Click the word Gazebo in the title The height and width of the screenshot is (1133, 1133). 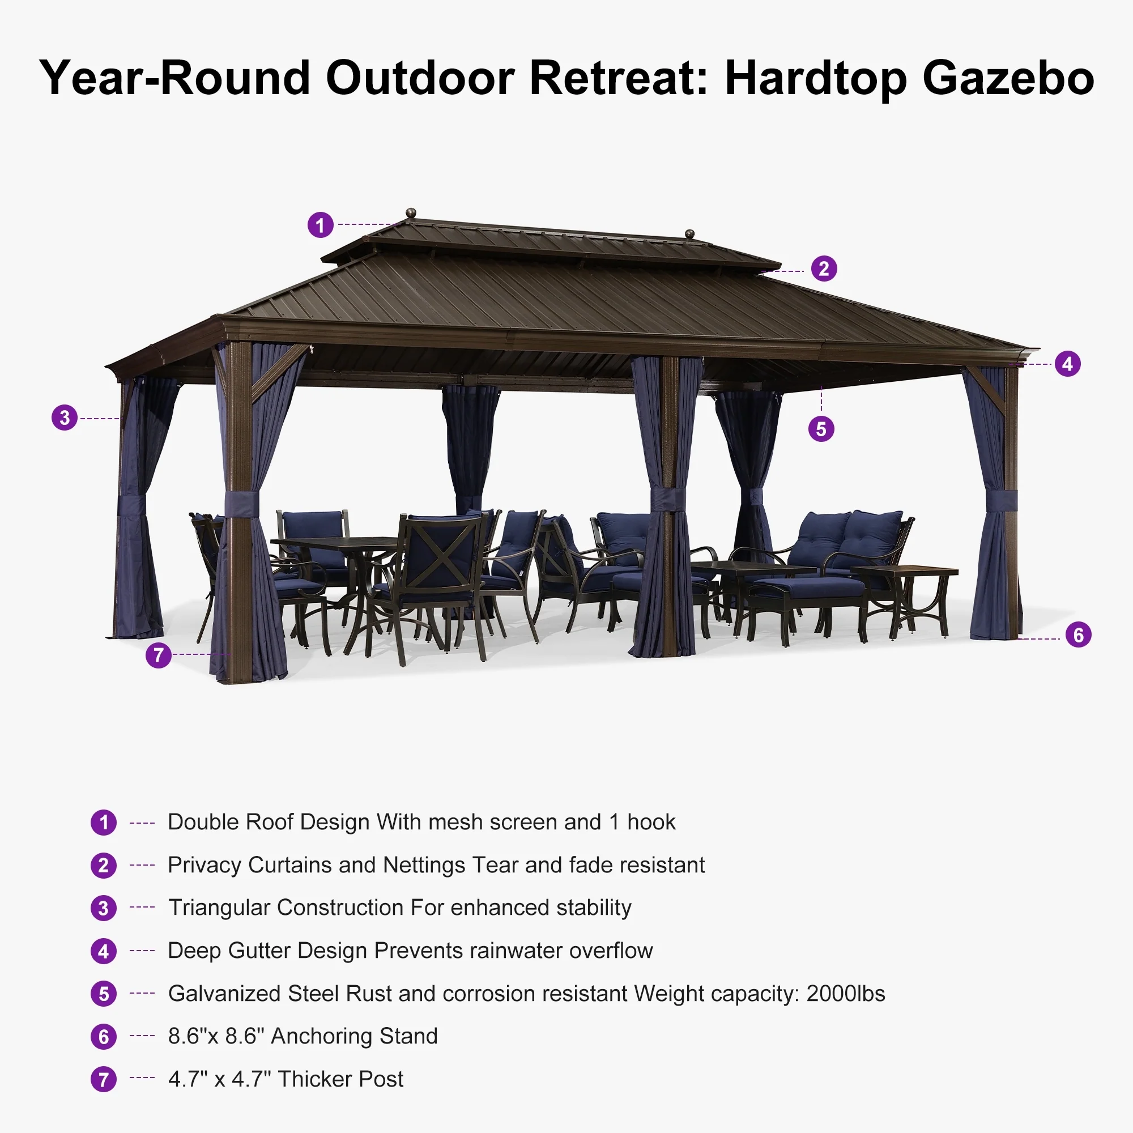[x=1008, y=78]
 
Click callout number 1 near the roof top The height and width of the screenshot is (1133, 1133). [x=320, y=224]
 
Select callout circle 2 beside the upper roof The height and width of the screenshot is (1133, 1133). [x=824, y=269]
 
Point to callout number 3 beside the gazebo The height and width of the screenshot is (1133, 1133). [x=65, y=418]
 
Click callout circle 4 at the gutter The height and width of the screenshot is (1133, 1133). [x=1067, y=364]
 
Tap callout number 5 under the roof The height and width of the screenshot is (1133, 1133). [x=821, y=429]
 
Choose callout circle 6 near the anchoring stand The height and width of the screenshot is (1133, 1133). [x=1079, y=634]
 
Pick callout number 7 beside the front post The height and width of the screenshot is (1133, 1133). [x=159, y=655]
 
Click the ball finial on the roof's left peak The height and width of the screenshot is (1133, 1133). [x=411, y=212]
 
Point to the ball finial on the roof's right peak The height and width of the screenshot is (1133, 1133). [x=689, y=233]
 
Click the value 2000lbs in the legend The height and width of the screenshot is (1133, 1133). [x=846, y=994]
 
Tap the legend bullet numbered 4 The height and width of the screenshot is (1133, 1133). [x=104, y=951]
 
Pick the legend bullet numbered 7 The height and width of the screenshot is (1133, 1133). [x=104, y=1079]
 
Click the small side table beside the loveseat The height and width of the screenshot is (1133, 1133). [x=904, y=598]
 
